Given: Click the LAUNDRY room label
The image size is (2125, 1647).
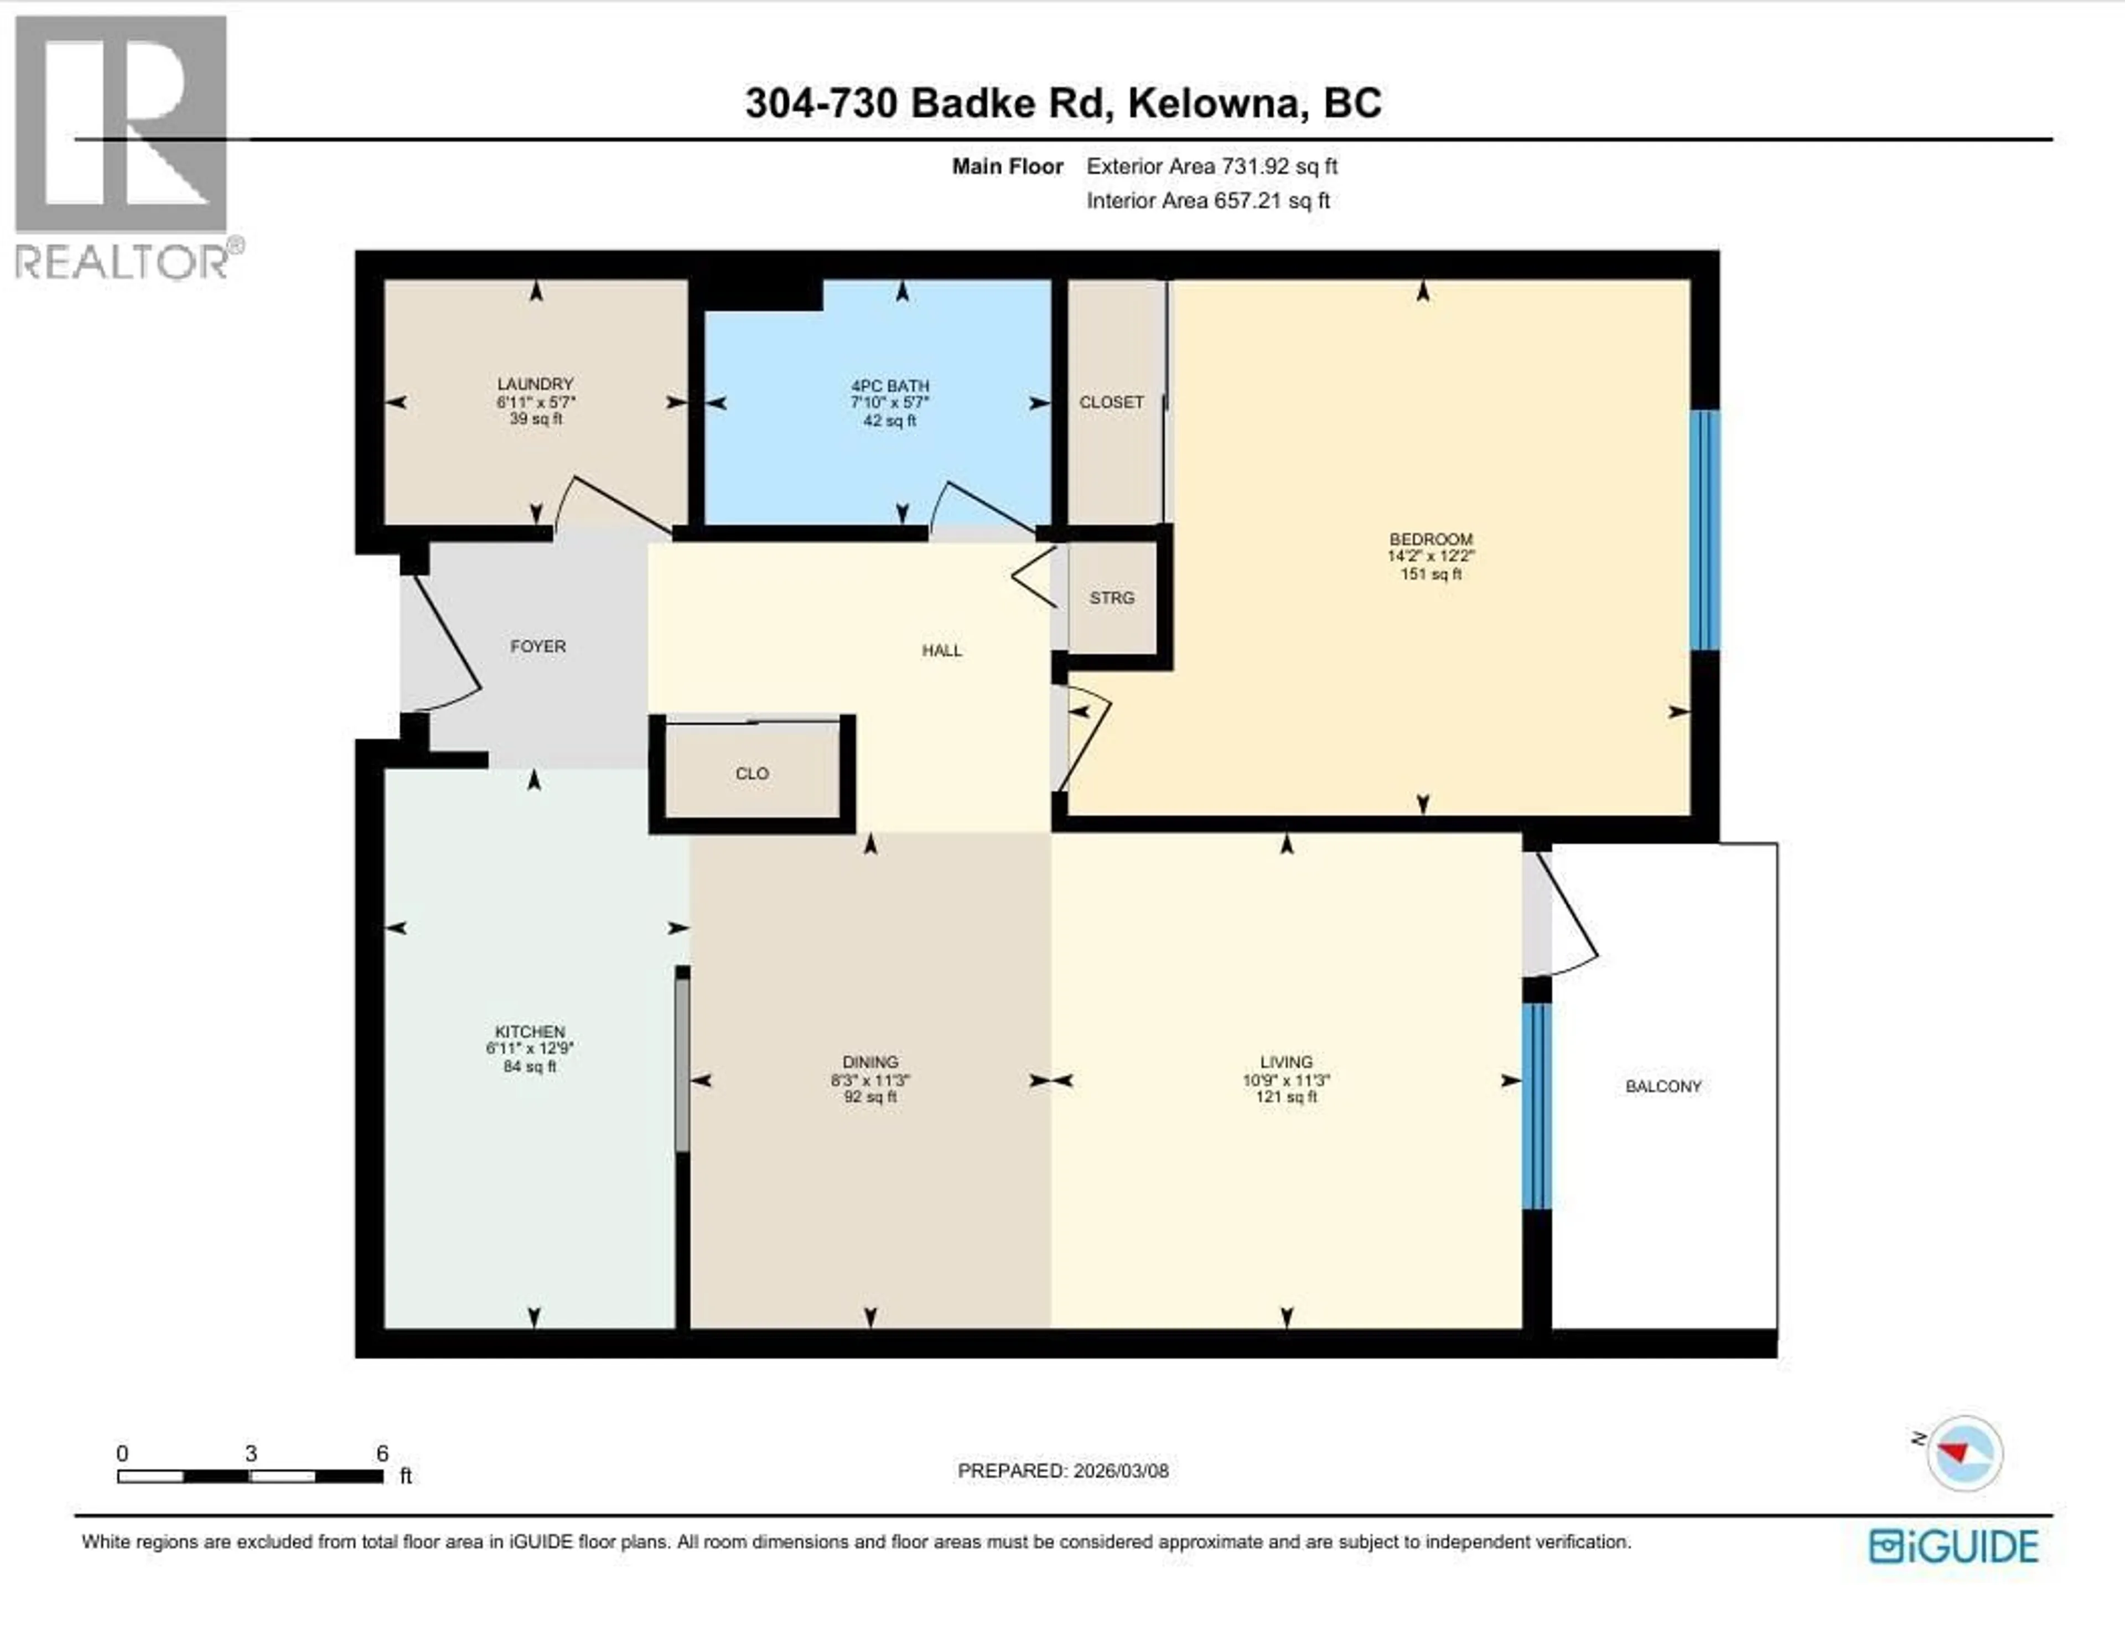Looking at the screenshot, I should (535, 384).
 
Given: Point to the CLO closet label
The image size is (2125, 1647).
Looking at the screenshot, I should (751, 773).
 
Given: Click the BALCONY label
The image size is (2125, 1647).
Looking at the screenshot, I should (1663, 1086).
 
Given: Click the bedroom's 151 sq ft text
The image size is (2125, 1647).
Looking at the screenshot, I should (1431, 574).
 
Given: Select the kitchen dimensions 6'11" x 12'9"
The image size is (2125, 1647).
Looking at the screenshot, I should (529, 1049).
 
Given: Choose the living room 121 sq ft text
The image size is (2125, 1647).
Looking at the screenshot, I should (1286, 1097).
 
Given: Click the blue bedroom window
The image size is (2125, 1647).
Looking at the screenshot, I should (1704, 530).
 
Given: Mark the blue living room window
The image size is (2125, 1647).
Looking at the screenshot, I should (1536, 1106).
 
